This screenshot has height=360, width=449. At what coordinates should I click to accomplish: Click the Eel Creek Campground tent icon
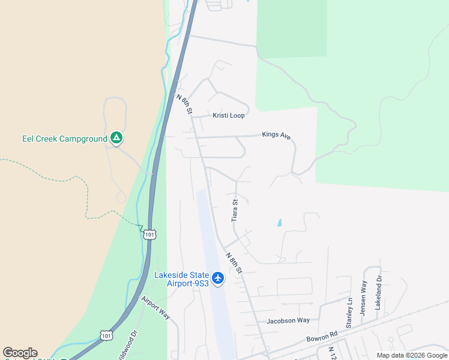pos(117,139)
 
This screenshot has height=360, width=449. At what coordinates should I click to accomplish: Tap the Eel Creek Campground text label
pos(64,139)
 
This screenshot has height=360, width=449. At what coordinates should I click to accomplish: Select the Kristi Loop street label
pos(229,115)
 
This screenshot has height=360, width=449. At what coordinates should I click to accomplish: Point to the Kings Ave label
pos(276,135)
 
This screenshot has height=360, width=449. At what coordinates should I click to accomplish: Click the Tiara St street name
pos(235,211)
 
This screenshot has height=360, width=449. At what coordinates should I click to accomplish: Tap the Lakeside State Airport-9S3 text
pos(181,279)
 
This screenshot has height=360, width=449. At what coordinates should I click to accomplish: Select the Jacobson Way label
pos(288,320)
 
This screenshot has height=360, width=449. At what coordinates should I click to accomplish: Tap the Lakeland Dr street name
pos(379,293)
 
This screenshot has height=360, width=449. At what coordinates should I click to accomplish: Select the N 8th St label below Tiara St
pos(234,263)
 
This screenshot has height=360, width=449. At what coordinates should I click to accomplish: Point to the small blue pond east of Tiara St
pos(279,223)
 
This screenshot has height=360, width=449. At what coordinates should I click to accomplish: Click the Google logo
pos(20,353)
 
